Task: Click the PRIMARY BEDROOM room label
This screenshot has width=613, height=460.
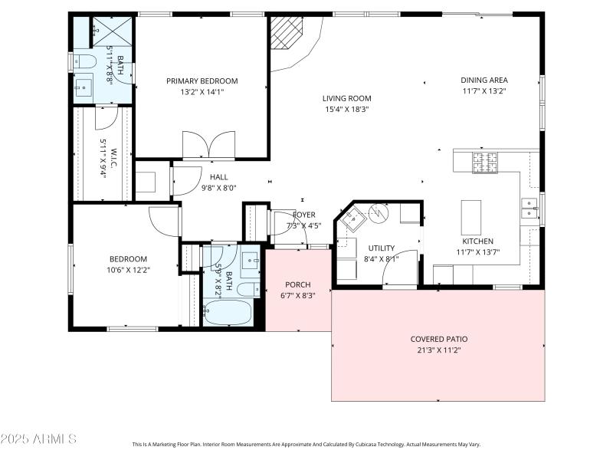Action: click(x=202, y=80)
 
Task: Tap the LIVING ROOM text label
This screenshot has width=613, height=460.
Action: click(x=346, y=98)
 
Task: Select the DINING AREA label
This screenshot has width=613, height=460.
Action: click(x=484, y=80)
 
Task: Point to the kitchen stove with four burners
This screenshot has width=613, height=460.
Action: click(x=484, y=162)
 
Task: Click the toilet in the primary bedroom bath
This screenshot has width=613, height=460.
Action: click(x=85, y=61)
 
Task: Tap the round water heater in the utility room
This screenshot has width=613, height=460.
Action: click(x=379, y=214)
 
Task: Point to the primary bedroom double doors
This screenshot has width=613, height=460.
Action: click(x=208, y=146)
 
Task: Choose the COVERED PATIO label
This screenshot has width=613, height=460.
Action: click(x=439, y=339)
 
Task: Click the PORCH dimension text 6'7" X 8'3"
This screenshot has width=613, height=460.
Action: click(x=297, y=295)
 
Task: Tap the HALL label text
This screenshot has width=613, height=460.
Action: click(x=218, y=176)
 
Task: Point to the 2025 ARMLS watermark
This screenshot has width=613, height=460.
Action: click(x=38, y=439)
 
